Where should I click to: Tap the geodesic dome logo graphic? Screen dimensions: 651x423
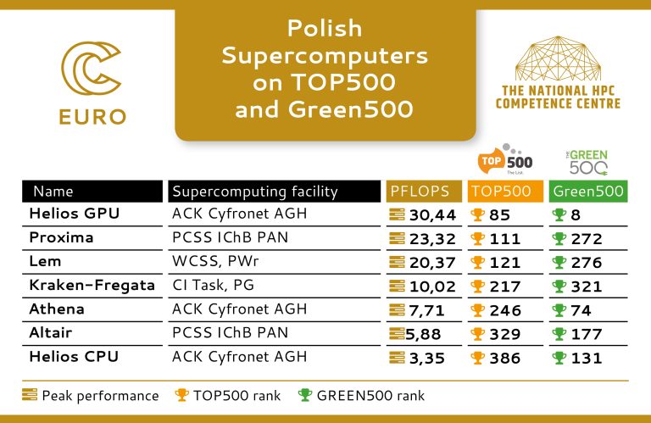[558, 58]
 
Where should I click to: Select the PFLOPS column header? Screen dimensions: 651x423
[424, 191]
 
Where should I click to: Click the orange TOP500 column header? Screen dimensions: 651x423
[505, 191]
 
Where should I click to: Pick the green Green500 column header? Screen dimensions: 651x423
[588, 191]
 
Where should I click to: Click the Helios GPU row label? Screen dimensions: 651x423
[75, 214]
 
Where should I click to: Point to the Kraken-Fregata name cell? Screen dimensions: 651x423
[92, 285]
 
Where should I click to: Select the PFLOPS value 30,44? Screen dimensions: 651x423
[432, 215]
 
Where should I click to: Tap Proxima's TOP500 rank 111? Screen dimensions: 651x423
[504, 239]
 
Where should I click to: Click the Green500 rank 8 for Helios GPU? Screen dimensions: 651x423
[576, 215]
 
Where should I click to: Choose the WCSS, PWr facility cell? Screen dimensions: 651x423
[215, 261]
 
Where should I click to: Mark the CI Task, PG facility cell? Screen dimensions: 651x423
[213, 285]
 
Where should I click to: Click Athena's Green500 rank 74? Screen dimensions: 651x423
[581, 310]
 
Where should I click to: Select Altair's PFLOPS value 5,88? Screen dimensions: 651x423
[423, 334]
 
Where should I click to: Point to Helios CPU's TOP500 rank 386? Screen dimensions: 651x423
[505, 359]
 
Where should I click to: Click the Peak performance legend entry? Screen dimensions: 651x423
[91, 396]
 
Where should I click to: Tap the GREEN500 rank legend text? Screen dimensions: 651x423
[370, 396]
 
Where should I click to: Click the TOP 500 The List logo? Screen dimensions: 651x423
[505, 159]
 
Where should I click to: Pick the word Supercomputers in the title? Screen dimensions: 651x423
[325, 56]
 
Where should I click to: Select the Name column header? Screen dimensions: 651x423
[53, 192]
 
